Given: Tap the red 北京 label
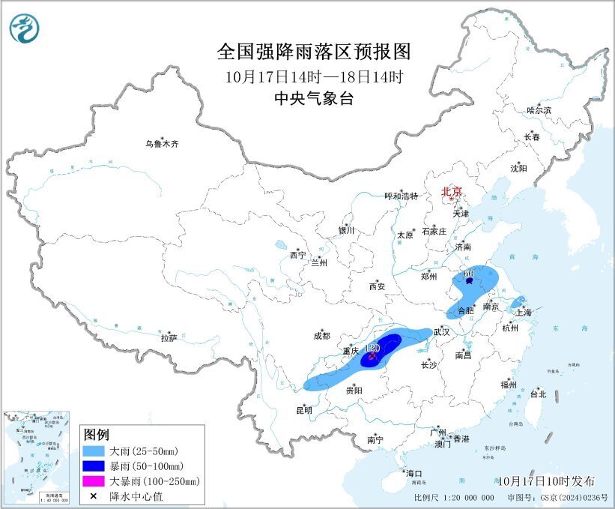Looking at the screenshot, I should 452,191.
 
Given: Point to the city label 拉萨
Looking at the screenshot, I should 169,339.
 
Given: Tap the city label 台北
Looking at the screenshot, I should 538,394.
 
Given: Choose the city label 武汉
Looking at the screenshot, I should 442,332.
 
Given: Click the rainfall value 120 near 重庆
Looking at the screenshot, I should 372,348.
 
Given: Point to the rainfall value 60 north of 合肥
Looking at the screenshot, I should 469,274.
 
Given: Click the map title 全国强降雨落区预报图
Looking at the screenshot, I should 314,51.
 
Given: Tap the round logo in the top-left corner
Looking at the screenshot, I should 25,28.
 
